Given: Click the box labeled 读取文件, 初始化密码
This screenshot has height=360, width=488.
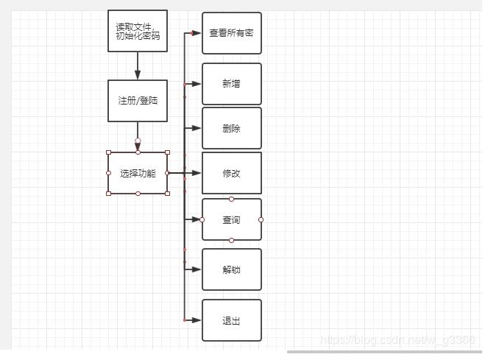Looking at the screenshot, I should pyautogui.click(x=138, y=31).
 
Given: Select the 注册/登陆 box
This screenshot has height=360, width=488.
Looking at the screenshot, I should pyautogui.click(x=138, y=101).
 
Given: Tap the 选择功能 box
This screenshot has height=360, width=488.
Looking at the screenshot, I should pyautogui.click(x=138, y=174).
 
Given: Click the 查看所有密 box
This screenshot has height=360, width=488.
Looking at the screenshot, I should pyautogui.click(x=231, y=33).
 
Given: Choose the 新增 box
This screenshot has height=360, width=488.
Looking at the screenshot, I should pyautogui.click(x=231, y=84).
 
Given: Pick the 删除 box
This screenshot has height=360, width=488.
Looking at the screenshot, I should pyautogui.click(x=231, y=128).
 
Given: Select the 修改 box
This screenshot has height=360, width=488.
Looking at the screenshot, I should pyautogui.click(x=231, y=173).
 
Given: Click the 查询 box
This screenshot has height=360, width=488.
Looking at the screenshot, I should pyautogui.click(x=231, y=219).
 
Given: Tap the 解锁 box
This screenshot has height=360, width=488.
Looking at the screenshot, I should pyautogui.click(x=231, y=269).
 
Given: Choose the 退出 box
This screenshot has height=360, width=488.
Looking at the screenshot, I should pyautogui.click(x=231, y=320).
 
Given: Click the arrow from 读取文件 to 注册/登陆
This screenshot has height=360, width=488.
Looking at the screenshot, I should pyautogui.click(x=138, y=66).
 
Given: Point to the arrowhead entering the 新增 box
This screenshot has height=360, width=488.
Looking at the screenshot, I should pyautogui.click(x=197, y=84).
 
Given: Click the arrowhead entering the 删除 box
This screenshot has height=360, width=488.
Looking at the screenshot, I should pyautogui.click(x=197, y=128).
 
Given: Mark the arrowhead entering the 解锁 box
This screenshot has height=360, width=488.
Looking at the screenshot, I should pyautogui.click(x=197, y=269).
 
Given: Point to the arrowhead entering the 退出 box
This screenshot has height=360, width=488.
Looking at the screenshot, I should pyautogui.click(x=197, y=320).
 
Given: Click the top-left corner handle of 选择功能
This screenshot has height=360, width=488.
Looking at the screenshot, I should pyautogui.click(x=109, y=152).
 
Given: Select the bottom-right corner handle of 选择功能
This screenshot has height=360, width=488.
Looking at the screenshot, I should pyautogui.click(x=168, y=194).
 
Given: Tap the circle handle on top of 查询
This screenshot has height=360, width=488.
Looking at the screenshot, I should pyautogui.click(x=231, y=199).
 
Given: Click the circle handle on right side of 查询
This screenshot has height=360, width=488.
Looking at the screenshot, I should pyautogui.click(x=261, y=219).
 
